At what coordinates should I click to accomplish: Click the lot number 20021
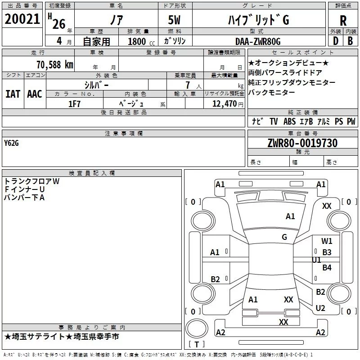(x=22, y=19)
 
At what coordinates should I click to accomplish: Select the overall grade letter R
(x=343, y=21)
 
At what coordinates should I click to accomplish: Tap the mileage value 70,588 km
(x=55, y=65)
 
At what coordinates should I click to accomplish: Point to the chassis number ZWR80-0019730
(x=302, y=143)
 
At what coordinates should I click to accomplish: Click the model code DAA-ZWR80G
(x=258, y=41)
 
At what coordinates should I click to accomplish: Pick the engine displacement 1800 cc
(x=141, y=41)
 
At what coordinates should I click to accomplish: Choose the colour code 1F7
(x=74, y=104)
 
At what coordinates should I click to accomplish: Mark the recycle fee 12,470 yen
(x=228, y=104)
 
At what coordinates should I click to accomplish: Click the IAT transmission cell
(x=13, y=94)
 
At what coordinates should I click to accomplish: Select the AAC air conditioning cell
(x=35, y=94)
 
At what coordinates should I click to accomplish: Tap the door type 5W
(x=174, y=20)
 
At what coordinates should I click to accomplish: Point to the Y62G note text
(x=11, y=143)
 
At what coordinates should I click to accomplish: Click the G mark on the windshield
(x=284, y=237)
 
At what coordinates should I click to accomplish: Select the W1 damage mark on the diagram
(x=327, y=241)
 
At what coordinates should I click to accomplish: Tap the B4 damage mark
(x=327, y=267)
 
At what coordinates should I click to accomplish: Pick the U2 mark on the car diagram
(x=320, y=308)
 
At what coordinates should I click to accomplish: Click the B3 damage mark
(x=327, y=252)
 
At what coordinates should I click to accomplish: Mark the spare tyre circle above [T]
(x=197, y=328)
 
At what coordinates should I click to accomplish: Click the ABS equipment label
(x=289, y=121)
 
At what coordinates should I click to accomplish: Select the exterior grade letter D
(x=336, y=41)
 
